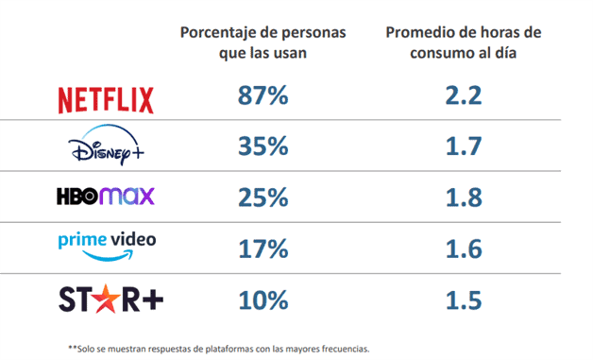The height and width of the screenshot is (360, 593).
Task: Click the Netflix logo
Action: coord(106,98)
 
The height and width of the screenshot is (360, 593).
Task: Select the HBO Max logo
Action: coord(106,197)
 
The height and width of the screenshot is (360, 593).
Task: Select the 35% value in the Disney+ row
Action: coord(263,147)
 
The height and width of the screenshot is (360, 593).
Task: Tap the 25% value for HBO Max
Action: coord(263,197)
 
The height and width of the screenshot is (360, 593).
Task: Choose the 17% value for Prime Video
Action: coord(263,248)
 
